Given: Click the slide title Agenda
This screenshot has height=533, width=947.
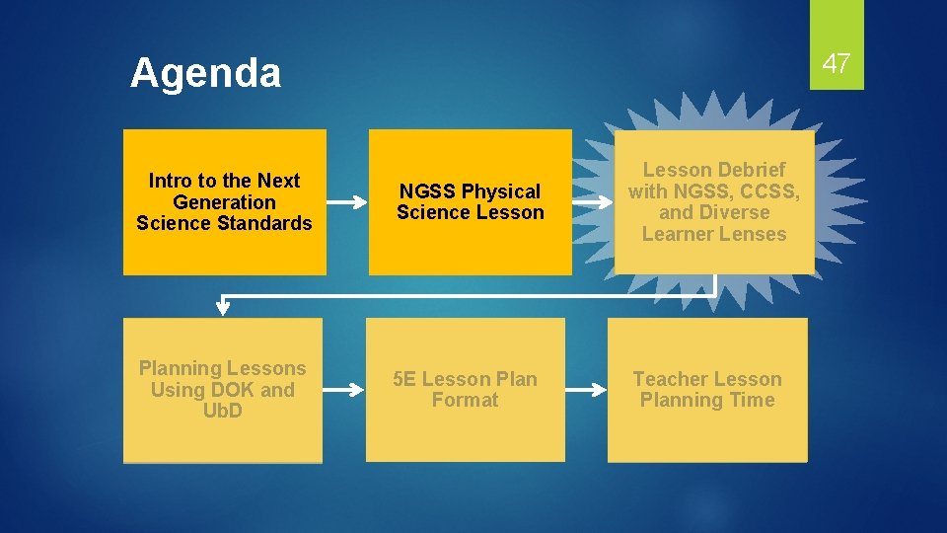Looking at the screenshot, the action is click(x=205, y=73).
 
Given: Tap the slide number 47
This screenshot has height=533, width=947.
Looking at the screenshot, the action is click(x=837, y=64).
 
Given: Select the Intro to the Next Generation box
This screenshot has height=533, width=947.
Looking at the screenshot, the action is click(x=224, y=202).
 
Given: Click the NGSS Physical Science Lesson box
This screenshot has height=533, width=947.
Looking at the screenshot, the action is click(x=470, y=202).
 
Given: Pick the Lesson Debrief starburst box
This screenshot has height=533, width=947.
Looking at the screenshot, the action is click(x=714, y=202).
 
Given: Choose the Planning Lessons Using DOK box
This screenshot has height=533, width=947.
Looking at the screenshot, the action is click(x=223, y=390).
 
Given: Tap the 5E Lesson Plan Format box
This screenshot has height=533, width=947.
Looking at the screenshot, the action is click(x=465, y=390).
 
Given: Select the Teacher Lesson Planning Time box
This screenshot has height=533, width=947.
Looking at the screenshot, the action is click(x=706, y=390).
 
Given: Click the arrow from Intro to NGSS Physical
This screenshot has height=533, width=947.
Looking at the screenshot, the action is click(x=346, y=202).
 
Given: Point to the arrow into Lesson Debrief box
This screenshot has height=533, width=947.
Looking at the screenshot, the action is click(x=592, y=202).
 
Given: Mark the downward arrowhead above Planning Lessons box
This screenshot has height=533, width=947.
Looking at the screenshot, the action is click(x=223, y=307).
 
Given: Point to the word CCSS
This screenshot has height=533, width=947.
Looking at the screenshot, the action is click(x=768, y=190).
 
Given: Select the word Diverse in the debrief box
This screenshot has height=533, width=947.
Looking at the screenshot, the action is click(x=732, y=212).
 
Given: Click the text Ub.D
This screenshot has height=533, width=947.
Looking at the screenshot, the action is click(x=223, y=411).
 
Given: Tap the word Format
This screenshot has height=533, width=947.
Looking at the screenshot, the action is click(x=465, y=400).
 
